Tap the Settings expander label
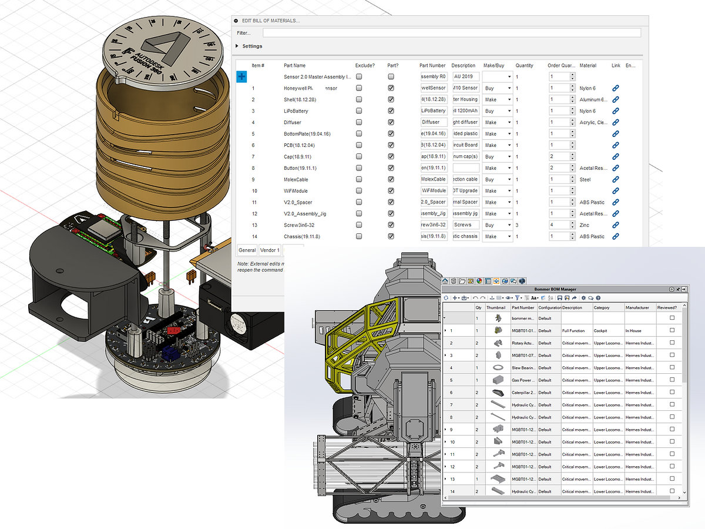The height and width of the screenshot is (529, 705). (x=252, y=46)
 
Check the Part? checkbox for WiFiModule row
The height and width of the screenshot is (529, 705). (x=391, y=191)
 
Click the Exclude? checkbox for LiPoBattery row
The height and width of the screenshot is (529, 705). (x=359, y=111)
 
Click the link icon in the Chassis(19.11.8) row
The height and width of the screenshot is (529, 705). (x=615, y=236)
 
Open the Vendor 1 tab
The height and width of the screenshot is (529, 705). (x=270, y=250)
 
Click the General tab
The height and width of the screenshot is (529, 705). (x=247, y=250)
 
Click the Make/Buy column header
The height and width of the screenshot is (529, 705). (x=495, y=65)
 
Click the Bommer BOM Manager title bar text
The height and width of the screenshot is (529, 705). (x=555, y=289)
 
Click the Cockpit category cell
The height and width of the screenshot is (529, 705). (x=600, y=330)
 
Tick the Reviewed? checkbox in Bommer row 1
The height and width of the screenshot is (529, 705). (x=672, y=330)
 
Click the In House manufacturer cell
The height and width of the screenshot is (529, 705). (x=633, y=330)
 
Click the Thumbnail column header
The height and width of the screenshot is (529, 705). (x=495, y=307)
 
